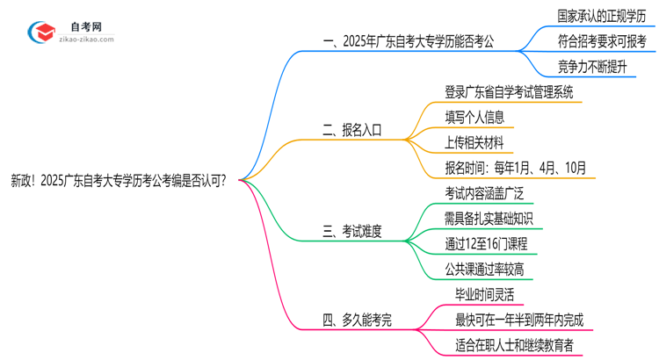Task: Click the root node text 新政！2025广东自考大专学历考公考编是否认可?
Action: [x=119, y=181]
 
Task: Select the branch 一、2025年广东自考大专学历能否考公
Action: [x=404, y=41]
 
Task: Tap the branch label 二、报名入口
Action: [x=351, y=130]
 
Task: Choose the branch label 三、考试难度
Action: [x=351, y=232]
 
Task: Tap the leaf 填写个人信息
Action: [x=474, y=116]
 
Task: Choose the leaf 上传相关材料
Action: [x=474, y=141]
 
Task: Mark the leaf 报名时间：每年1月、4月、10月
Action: [x=516, y=167]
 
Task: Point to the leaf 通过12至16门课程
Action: [x=486, y=243]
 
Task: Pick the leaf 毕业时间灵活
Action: [x=486, y=294]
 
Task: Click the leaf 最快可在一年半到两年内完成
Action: [x=518, y=319]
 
